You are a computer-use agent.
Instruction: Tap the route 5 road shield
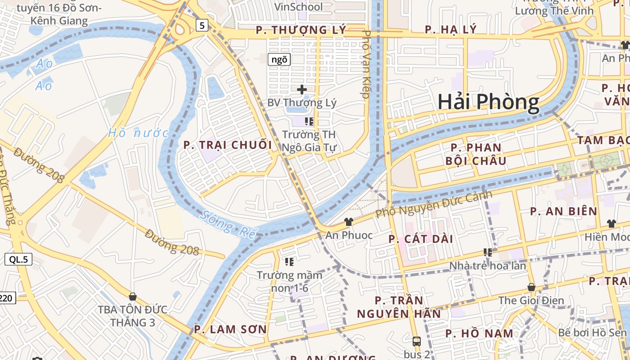[202, 26]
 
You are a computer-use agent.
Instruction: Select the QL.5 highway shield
[18, 259]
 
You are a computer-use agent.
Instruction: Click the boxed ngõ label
[279, 59]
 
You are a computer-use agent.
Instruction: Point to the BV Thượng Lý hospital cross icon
[302, 90]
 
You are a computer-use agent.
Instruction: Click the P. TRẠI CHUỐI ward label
[228, 145]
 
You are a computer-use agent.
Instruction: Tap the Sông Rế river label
[229, 224]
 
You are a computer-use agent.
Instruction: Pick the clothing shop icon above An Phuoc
[349, 221]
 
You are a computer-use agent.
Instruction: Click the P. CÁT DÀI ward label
[421, 239]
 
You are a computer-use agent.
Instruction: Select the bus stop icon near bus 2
[416, 341]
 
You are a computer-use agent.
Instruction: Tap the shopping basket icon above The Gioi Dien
[531, 287]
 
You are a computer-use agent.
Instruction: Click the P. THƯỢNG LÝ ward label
[301, 30]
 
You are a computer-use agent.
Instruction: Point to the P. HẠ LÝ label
[450, 30]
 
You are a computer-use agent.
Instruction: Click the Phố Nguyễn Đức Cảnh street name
[434, 204]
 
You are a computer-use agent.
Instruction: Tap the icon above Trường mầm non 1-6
[289, 261]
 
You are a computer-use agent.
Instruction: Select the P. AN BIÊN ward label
[563, 211]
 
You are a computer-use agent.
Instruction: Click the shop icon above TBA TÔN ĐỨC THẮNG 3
[132, 297]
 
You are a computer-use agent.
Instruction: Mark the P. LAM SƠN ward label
[230, 329]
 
